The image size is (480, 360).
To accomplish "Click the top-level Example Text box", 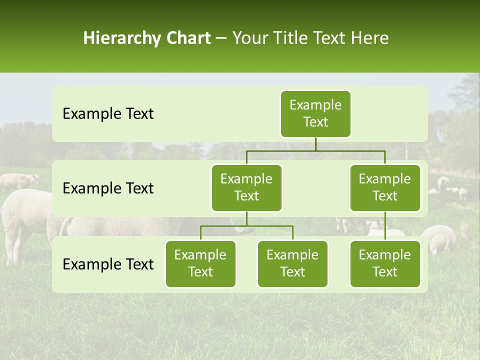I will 315,114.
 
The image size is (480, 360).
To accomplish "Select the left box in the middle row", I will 246,188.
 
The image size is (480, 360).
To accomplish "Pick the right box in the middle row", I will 385,188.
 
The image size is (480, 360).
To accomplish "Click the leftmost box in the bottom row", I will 200,264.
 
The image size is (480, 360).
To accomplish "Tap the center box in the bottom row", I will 292,264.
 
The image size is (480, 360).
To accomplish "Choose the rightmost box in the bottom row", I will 385,264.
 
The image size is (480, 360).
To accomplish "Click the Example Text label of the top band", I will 108,114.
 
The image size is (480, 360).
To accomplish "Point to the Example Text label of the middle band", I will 108,188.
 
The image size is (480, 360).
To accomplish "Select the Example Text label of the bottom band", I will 108,264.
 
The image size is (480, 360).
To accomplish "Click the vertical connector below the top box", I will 315,144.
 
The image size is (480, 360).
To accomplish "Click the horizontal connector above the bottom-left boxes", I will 246,226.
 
